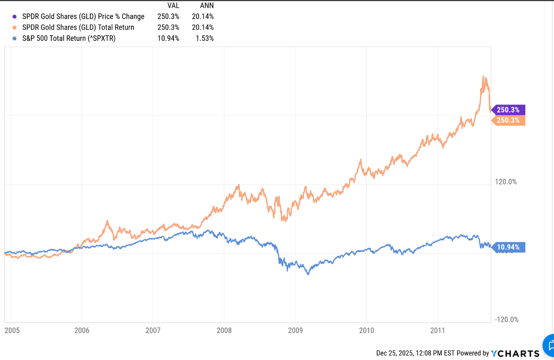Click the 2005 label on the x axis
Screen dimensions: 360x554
click(x=12, y=331)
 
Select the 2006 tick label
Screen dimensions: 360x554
click(x=82, y=331)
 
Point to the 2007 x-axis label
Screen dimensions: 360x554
click(x=153, y=331)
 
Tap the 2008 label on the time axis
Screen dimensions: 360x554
click(x=224, y=331)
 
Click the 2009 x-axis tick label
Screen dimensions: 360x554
click(x=295, y=331)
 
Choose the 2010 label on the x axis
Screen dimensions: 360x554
click(x=366, y=331)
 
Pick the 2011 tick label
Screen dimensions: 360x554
click(x=438, y=331)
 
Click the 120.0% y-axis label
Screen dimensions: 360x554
click(x=506, y=182)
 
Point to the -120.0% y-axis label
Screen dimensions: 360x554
click(x=507, y=319)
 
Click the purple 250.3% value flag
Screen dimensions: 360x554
click(x=508, y=110)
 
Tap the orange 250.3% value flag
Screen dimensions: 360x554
click(x=508, y=120)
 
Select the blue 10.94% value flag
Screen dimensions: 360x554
click(x=508, y=247)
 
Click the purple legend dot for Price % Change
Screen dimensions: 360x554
click(x=15, y=16)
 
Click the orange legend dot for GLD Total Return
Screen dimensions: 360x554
click(x=15, y=28)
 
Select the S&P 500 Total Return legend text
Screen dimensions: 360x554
click(x=69, y=38)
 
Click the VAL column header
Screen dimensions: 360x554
click(x=173, y=6)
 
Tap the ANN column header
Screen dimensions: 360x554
click(x=207, y=6)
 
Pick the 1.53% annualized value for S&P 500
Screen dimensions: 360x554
click(x=204, y=38)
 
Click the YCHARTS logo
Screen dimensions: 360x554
click(x=515, y=353)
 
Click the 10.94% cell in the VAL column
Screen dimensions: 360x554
click(x=168, y=38)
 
